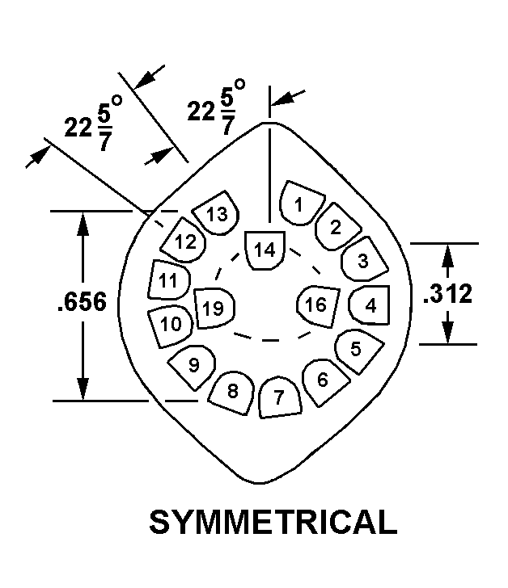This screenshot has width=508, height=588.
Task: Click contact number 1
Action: click(x=300, y=204)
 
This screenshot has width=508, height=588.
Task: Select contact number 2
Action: click(x=334, y=227)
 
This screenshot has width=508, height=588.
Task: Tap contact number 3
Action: click(x=362, y=260)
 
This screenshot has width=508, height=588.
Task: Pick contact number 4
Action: click(x=370, y=305)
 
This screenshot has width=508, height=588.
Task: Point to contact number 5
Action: click(x=356, y=349)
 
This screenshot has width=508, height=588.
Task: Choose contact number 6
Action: click(x=323, y=377)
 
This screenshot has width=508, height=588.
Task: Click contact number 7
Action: click(x=280, y=397)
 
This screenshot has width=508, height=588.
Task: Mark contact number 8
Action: click(x=233, y=392)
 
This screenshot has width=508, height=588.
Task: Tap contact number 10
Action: click(x=171, y=324)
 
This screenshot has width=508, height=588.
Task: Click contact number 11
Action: click(x=169, y=281)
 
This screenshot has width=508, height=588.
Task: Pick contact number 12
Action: click(x=185, y=241)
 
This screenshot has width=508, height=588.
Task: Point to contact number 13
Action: click(x=216, y=214)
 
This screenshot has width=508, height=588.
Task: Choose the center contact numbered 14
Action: click(x=265, y=250)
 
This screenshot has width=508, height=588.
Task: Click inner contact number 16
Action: click(x=315, y=304)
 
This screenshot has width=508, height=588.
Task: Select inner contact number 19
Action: click(x=214, y=307)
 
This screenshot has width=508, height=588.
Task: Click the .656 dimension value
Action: click(x=83, y=304)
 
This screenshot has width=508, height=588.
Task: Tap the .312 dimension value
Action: click(x=447, y=295)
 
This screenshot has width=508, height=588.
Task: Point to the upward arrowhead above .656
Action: click(x=83, y=223)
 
